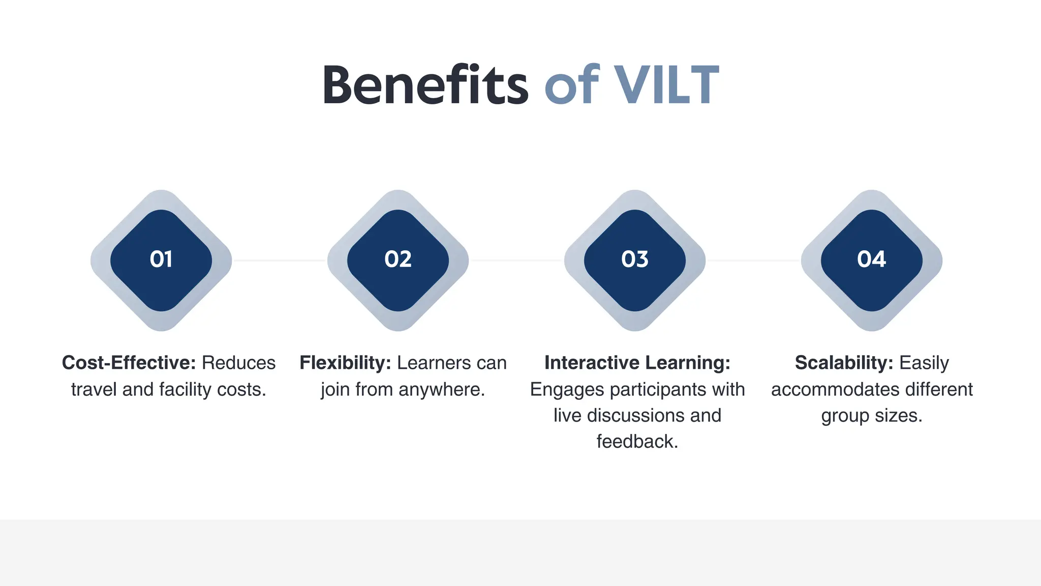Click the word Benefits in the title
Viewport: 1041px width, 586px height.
click(x=425, y=85)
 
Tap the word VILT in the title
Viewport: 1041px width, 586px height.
click(x=666, y=85)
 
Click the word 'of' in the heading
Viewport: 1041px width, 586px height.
click(x=571, y=85)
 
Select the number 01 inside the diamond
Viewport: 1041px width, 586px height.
click(x=161, y=260)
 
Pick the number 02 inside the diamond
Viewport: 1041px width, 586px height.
click(x=398, y=260)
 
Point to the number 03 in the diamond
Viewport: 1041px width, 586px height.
click(x=635, y=260)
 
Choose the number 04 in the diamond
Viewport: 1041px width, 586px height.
click(x=872, y=260)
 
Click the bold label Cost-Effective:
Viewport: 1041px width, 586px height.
click(x=129, y=363)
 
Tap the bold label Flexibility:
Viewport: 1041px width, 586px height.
click(x=345, y=363)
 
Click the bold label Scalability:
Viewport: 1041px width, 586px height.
click(x=844, y=363)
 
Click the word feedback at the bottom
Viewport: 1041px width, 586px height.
click(x=636, y=442)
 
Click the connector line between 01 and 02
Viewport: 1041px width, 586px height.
click(x=280, y=260)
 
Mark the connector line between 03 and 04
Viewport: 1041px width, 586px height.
click(x=753, y=260)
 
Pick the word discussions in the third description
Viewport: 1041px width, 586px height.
click(x=635, y=416)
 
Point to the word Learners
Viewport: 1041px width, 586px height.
click(x=426, y=363)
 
